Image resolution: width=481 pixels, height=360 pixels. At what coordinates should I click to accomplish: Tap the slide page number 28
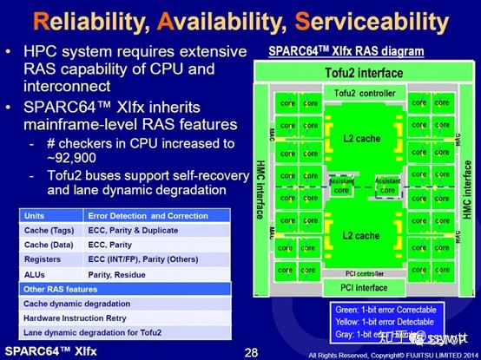pos(251,351)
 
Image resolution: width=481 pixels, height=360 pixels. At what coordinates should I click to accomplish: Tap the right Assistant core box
pos(388,184)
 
